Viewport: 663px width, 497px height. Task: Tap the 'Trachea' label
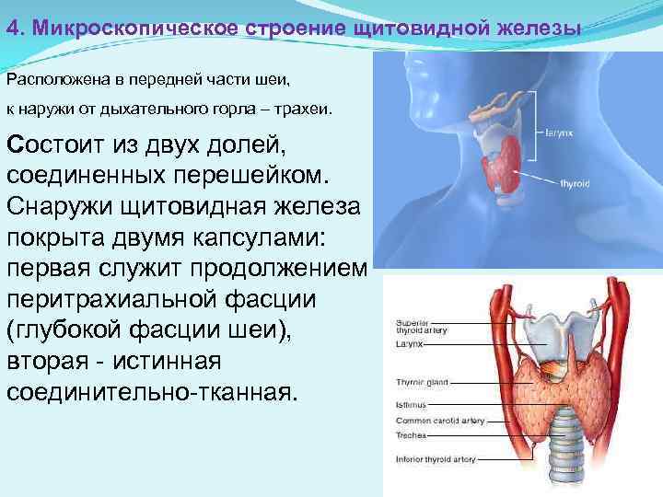coord(408,433)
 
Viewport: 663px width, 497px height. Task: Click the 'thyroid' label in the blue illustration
coord(575,184)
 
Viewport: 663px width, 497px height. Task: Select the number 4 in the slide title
coord(11,29)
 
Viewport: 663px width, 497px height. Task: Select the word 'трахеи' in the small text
coord(304,110)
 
